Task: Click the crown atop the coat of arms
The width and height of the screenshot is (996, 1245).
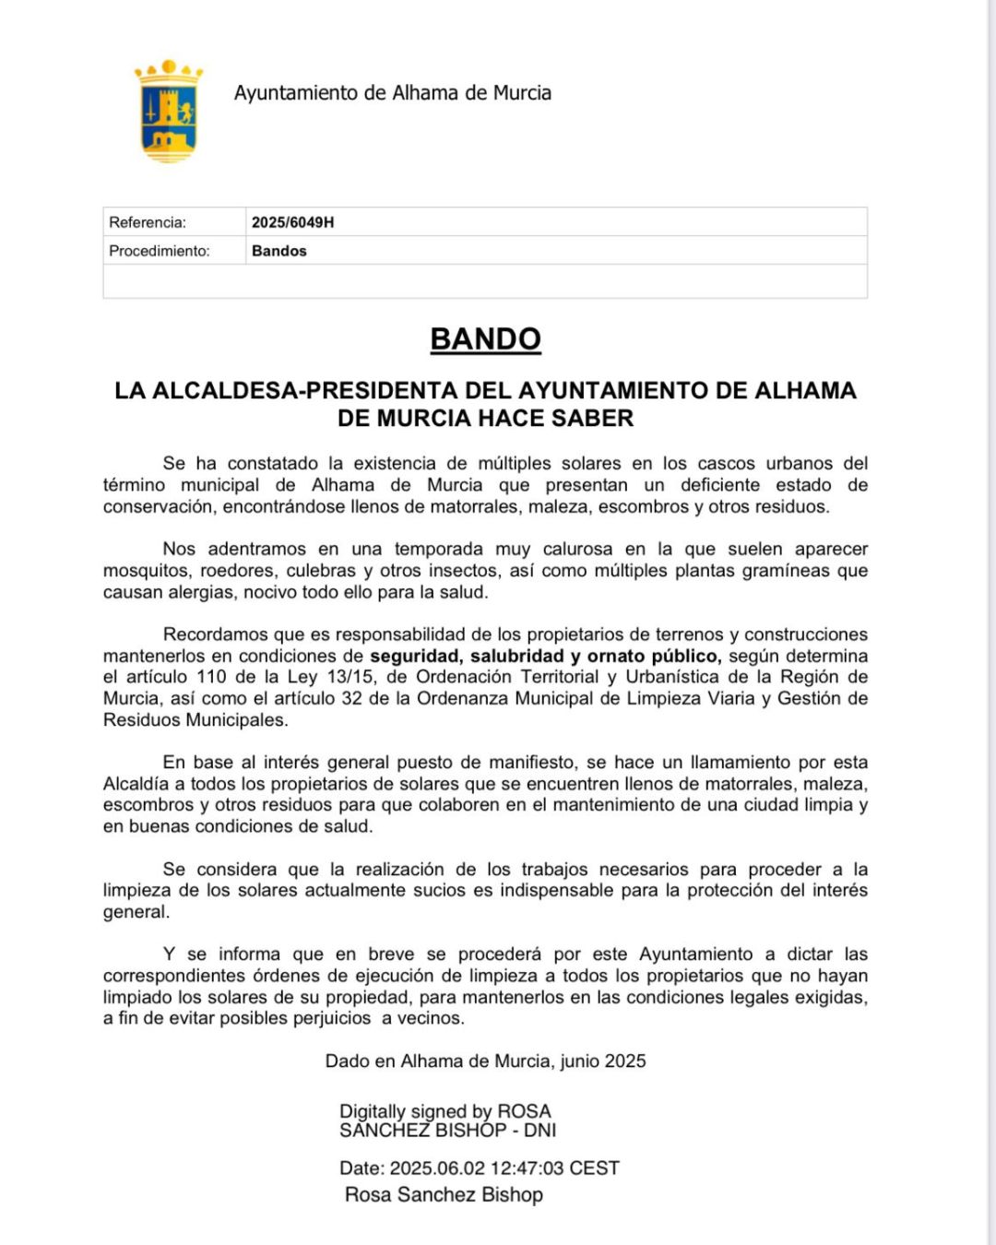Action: coord(169,70)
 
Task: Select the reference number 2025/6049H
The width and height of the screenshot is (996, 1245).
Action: coord(292,222)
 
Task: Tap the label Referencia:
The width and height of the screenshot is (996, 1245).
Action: coord(148,222)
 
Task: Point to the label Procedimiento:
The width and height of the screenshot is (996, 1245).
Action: coord(160,251)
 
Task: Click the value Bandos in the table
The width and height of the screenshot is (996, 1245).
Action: coord(279,251)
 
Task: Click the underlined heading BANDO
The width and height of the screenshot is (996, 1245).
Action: coord(485,339)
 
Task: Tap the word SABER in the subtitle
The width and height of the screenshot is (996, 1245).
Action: coord(593,419)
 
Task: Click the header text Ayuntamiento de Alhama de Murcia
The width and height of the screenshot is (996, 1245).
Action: coord(392,93)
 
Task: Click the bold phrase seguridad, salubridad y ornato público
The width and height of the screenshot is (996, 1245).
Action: coord(544,656)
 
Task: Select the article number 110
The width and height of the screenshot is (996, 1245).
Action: coord(211,677)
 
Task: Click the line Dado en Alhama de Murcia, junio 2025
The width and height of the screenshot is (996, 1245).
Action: coord(485,1061)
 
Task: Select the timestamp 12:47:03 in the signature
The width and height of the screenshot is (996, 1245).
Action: coord(527,1168)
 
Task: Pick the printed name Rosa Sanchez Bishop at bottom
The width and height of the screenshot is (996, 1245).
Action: coord(444,1195)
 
